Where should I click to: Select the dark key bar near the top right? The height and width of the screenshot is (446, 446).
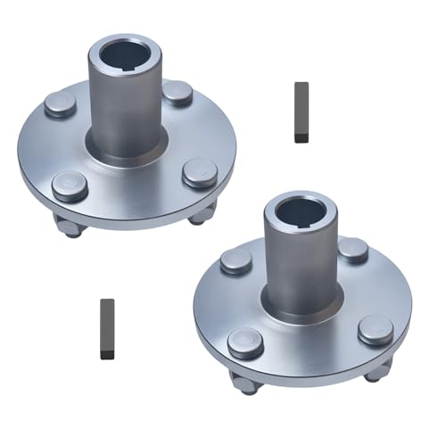click(x=301, y=111)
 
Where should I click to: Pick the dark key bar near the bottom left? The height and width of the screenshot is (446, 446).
click(x=107, y=327)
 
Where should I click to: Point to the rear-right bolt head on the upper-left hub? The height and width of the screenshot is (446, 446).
click(x=178, y=92)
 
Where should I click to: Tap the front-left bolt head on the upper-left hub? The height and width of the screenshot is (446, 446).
click(x=69, y=185)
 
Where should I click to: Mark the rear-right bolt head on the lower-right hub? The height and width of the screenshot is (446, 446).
click(x=353, y=249)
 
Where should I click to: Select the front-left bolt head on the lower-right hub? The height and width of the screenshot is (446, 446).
click(x=244, y=342)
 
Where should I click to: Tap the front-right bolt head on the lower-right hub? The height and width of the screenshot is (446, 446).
click(x=376, y=329)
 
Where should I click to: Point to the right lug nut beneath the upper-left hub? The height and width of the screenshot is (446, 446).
click(x=202, y=214)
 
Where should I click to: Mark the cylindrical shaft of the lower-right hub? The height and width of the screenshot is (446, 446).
click(x=301, y=268)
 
